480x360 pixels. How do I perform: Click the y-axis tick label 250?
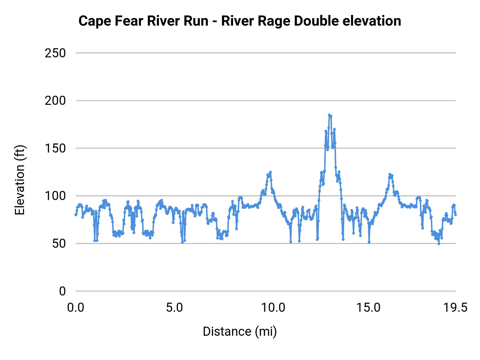[55, 53]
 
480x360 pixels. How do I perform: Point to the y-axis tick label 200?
[55, 101]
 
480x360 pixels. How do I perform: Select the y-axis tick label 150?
[55, 149]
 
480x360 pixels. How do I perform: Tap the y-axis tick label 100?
[55, 196]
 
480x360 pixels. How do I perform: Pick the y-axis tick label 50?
[59, 244]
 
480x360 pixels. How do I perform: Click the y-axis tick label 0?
[62, 291]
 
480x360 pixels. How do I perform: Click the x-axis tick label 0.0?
[76, 308]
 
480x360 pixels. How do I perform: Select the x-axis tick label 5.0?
[174, 308]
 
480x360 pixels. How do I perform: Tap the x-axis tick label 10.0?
[273, 308]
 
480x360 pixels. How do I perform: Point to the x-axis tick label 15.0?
[372, 308]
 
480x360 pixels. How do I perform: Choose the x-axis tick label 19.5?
[455, 308]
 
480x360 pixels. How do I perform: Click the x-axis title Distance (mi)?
[240, 331]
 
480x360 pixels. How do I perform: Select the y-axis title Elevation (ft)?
[20, 180]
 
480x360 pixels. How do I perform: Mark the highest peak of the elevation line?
[329, 115]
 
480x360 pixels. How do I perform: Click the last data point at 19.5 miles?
[455, 215]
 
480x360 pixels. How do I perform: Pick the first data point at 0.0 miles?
[76, 215]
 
